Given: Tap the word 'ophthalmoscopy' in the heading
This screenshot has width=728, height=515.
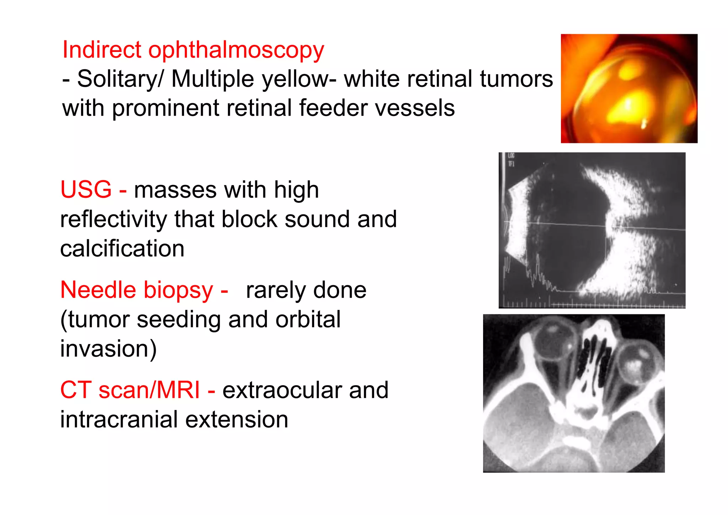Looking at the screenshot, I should click(x=236, y=51).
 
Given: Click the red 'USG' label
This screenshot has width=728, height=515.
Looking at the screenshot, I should click(x=86, y=189).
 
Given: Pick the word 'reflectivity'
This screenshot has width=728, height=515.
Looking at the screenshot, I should click(x=113, y=219).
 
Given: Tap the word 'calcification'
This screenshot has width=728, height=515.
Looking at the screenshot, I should click(x=122, y=248).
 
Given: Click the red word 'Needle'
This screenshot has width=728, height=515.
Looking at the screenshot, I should click(x=98, y=290).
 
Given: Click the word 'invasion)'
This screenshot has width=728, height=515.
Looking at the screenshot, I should click(x=108, y=349).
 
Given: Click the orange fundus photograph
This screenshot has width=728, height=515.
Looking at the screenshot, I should click(x=629, y=89).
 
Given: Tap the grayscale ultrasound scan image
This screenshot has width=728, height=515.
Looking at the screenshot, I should click(x=592, y=230).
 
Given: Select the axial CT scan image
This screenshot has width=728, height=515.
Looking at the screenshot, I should click(x=574, y=393).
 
